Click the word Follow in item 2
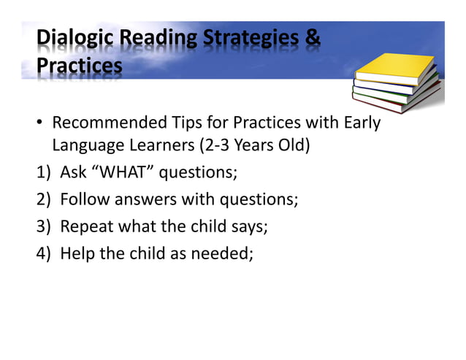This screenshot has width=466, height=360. [x=83, y=199]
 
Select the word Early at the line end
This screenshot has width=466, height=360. [x=362, y=123]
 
